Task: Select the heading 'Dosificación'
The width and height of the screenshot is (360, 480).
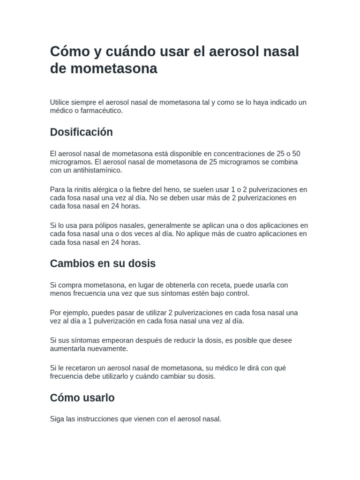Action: pyautogui.click(x=82, y=132)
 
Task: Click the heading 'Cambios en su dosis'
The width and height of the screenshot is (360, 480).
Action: pyautogui.click(x=103, y=263)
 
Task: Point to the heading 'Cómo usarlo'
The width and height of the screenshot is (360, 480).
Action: pyautogui.click(x=82, y=398)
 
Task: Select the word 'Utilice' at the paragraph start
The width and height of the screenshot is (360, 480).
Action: pyautogui.click(x=61, y=102)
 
